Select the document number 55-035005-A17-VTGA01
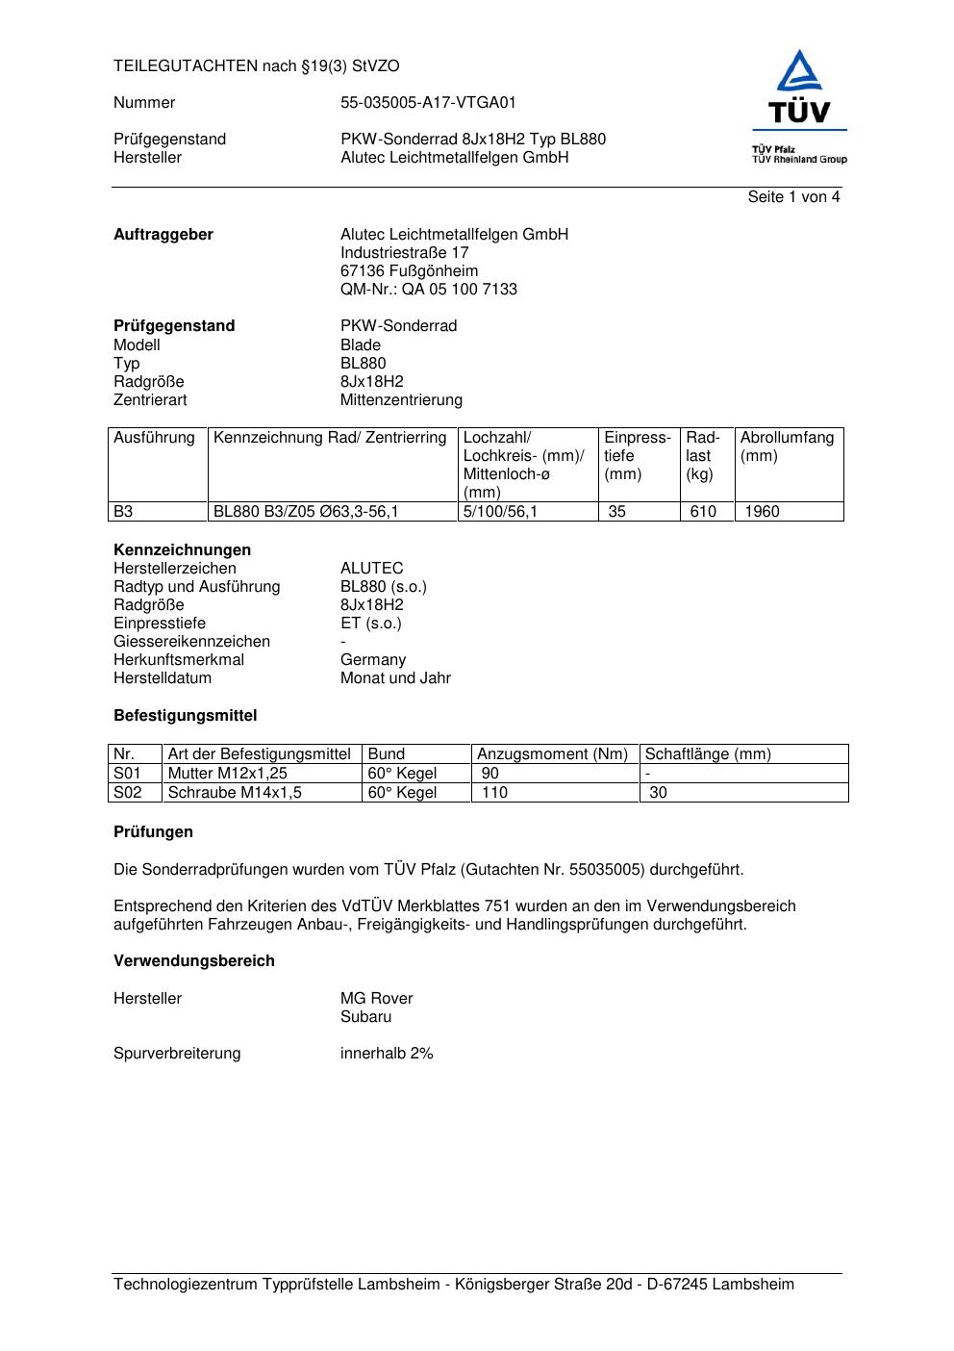coord(428,103)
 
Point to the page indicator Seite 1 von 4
coord(793,197)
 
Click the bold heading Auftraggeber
coord(163,235)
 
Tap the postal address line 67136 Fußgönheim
coord(409,271)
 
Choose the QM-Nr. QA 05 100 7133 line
coord(428,290)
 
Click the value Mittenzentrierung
coord(401,400)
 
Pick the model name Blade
coord(361,345)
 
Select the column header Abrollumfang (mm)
coord(787,446)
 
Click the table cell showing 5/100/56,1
coord(501,512)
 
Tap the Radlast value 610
coord(703,512)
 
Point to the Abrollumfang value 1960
coord(762,512)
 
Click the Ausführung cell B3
coord(124,512)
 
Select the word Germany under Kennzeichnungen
coord(373,660)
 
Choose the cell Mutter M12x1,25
coord(228,774)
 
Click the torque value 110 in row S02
coord(494,793)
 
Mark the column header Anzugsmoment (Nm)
coord(552,754)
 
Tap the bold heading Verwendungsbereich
coord(194,961)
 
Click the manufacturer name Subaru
coord(365,1017)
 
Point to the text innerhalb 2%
coord(387,1054)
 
